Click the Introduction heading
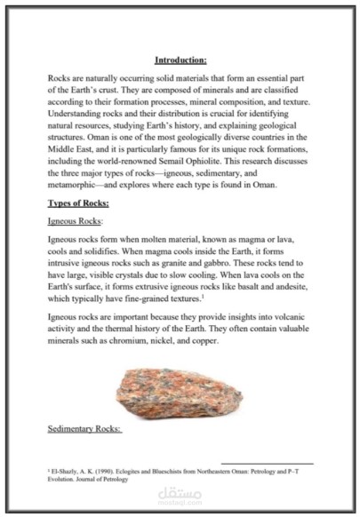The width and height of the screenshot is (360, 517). tap(180, 60)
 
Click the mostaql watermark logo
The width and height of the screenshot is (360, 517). tap(180, 495)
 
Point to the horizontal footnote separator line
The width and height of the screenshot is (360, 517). tap(266, 462)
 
